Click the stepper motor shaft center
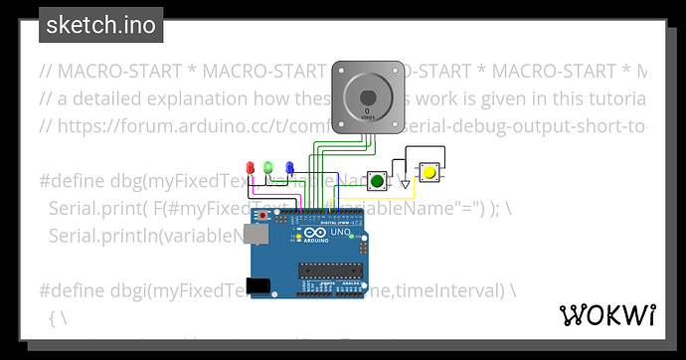tap(368, 97)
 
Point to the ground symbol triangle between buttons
tap(404, 184)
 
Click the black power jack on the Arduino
tap(258, 286)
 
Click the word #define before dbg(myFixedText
tap(73, 181)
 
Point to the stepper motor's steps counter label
tap(368, 116)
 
